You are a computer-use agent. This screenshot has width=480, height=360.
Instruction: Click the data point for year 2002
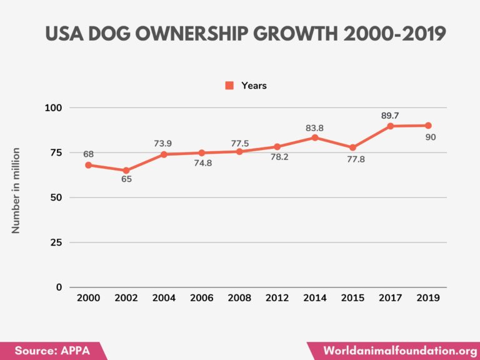pyautogui.click(x=126, y=171)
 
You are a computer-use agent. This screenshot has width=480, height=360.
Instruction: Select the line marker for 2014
pyautogui.click(x=315, y=137)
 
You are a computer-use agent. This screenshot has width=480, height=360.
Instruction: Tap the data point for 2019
pyautogui.click(x=428, y=126)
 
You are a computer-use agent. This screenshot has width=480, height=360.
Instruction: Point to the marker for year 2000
pyautogui.click(x=88, y=165)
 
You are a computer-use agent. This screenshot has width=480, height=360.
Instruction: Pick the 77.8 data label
pyautogui.click(x=353, y=159)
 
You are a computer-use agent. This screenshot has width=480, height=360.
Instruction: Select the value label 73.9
pyautogui.click(x=164, y=143)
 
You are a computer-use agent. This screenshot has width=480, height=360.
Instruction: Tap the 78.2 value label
pyautogui.click(x=277, y=158)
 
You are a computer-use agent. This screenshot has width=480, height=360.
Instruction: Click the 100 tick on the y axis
pyautogui.click(x=54, y=108)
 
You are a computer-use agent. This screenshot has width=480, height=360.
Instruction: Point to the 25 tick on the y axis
pyautogui.click(x=56, y=242)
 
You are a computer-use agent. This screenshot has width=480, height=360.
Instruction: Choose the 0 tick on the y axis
pyautogui.click(x=59, y=287)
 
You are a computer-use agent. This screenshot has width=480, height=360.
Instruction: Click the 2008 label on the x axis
pyautogui.click(x=239, y=298)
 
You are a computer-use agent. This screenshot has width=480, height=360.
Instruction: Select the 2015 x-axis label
pyautogui.click(x=352, y=298)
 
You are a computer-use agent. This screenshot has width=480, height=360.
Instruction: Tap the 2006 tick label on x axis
pyautogui.click(x=202, y=298)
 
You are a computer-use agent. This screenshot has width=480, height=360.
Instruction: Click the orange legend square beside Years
pyautogui.click(x=229, y=86)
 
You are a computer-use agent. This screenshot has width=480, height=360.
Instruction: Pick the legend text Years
pyautogui.click(x=254, y=86)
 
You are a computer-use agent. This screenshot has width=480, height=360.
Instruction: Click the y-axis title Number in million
pyautogui.click(x=16, y=191)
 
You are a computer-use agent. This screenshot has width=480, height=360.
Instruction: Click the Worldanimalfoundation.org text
pyautogui.click(x=396, y=351)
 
